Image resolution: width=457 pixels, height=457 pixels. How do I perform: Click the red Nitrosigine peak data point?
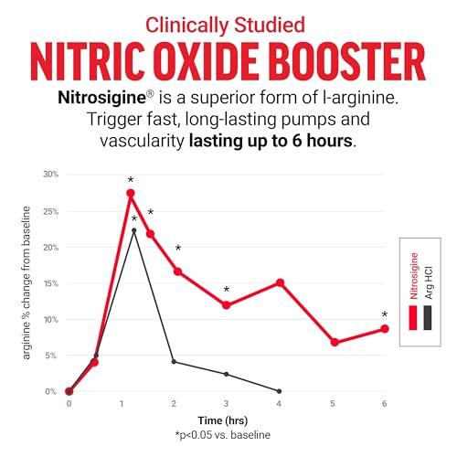pos(131,193)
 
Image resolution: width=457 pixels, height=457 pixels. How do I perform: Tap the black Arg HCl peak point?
pos(134,230)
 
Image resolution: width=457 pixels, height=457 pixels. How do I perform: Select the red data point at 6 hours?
pos(385,329)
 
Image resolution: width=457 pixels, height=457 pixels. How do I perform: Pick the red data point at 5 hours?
pos(335,342)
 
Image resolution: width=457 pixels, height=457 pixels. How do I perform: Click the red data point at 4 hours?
pos(280,283)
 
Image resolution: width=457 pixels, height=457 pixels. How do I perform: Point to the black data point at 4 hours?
pos(280,391)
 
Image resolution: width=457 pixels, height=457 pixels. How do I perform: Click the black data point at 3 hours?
pos(227,374)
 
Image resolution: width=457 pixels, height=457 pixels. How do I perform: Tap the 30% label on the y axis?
pos(50,175)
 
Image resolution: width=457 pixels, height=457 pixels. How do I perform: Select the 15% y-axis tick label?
pos(51,283)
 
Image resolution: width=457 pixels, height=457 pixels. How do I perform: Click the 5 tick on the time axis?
pos(333,404)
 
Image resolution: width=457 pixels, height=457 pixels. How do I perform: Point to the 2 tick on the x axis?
pos(174,404)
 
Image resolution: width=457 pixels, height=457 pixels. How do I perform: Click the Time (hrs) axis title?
pos(223,420)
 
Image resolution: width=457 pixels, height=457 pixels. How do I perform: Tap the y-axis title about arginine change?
pos(27,282)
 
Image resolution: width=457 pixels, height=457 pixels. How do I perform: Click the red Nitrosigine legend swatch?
pos(413,318)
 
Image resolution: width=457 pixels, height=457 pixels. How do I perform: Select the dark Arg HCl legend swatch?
pos(428,318)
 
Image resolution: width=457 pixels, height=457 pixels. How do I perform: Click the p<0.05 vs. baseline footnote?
pos(223,435)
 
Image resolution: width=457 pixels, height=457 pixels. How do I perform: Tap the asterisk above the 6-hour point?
pos(385,314)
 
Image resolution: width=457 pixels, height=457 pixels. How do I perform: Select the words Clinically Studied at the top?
pos(225,25)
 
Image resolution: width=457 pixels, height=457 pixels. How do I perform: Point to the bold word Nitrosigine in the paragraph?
pos(101,98)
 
